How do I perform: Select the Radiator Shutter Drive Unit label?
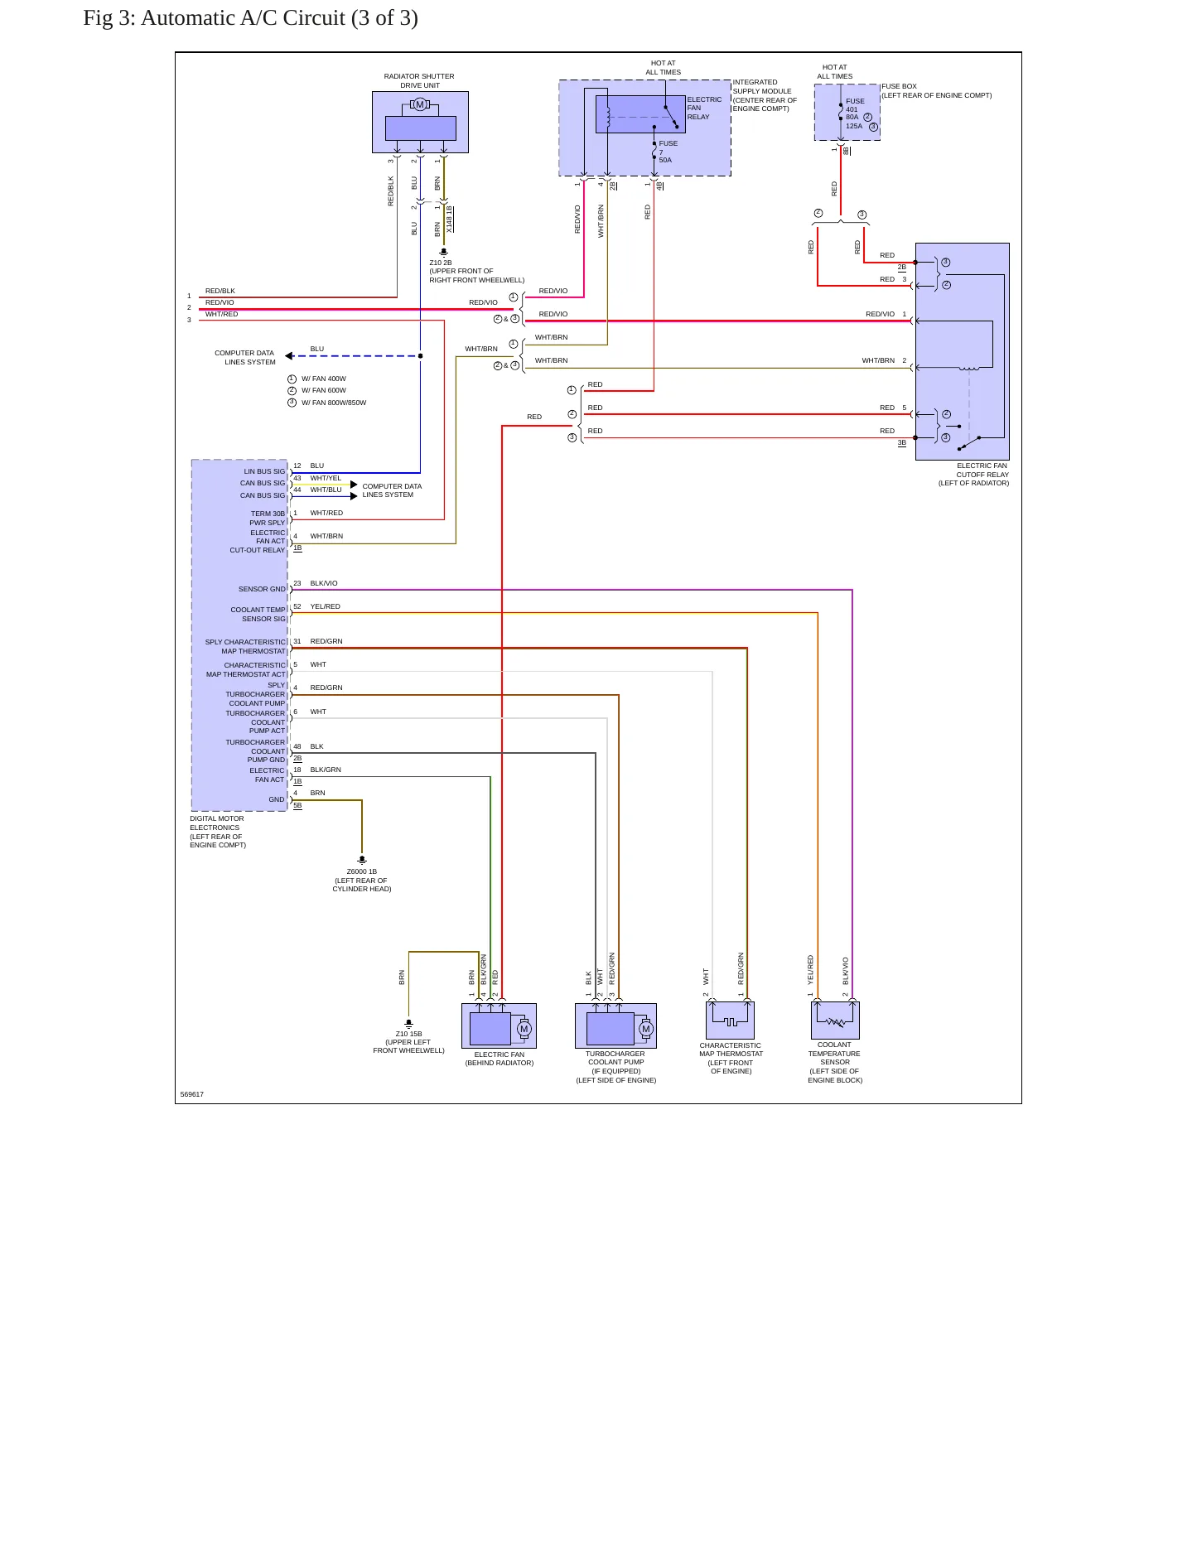419,80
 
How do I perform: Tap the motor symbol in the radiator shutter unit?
420,104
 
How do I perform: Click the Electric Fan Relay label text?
704,108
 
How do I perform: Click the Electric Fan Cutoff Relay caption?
974,475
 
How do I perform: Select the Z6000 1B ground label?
362,880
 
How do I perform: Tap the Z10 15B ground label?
408,1042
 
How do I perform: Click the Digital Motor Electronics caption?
217,832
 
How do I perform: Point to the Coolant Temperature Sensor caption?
835,1062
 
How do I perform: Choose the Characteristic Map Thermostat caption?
731,1058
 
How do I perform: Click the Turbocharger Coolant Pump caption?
616,1067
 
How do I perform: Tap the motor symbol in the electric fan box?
524,1029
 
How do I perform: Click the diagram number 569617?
192,1094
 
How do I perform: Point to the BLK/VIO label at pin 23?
324,583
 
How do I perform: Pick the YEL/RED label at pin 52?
325,606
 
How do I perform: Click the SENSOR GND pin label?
262,589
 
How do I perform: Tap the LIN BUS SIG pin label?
264,471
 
